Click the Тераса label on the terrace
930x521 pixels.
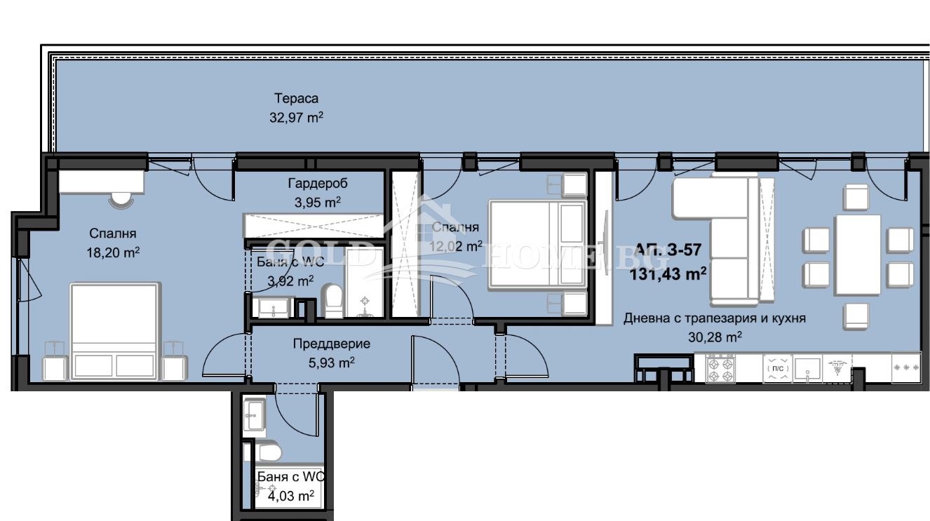(296, 98)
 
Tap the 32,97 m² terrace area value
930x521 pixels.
(296, 118)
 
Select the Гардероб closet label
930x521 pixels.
(317, 184)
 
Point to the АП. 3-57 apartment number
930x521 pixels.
(668, 250)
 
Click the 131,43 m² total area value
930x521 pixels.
(668, 273)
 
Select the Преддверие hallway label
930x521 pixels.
(331, 344)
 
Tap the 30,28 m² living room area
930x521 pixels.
(714, 337)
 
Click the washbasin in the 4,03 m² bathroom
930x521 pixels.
(253, 417)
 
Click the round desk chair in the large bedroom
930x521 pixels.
(121, 199)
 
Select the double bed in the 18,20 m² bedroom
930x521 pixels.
(115, 330)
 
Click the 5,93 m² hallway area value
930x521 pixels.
(331, 363)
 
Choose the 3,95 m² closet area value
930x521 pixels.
(317, 203)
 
